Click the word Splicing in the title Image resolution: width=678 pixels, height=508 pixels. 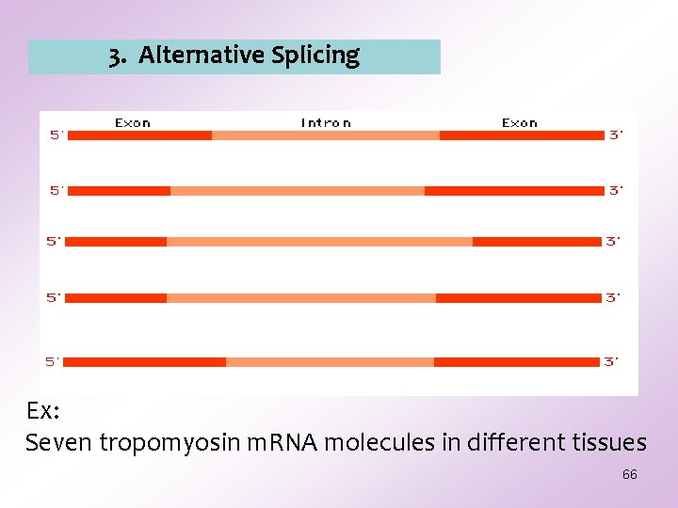click(x=315, y=56)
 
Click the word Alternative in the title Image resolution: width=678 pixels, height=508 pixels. click(x=202, y=56)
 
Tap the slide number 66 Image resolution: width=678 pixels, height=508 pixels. click(x=629, y=475)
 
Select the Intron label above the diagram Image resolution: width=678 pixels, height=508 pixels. click(x=326, y=123)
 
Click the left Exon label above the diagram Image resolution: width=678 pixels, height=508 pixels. click(x=133, y=123)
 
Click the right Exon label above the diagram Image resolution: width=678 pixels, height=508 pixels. click(x=520, y=123)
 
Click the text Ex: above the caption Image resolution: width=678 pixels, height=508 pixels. click(x=43, y=412)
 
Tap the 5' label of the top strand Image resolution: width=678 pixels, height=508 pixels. click(x=56, y=135)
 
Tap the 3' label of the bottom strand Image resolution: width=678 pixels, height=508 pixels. click(x=611, y=362)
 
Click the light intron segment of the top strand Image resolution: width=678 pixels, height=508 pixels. click(x=326, y=135)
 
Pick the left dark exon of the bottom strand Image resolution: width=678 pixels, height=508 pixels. click(x=145, y=362)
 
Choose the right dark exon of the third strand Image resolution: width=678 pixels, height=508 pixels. click(x=537, y=242)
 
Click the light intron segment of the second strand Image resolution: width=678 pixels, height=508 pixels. click(x=298, y=191)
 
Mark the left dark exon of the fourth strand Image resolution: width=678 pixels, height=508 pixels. click(x=116, y=298)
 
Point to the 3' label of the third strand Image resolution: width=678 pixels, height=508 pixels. click(x=613, y=242)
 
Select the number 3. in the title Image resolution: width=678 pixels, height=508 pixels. click(x=118, y=56)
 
